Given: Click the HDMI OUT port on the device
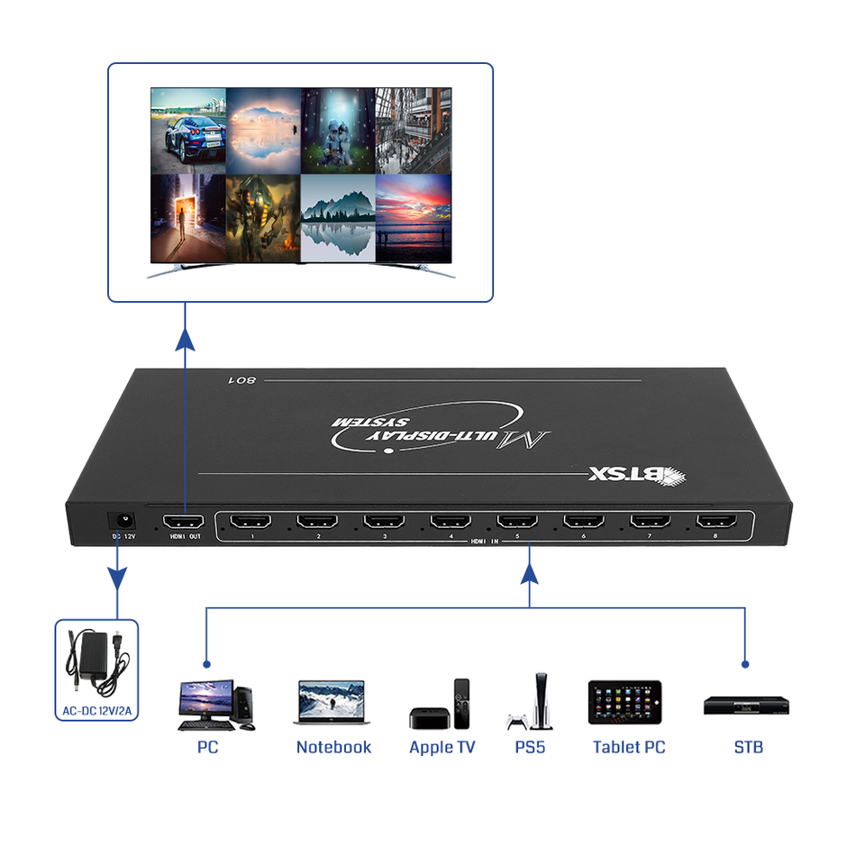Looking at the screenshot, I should click(x=183, y=522).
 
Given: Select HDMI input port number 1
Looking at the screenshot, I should click(x=251, y=521).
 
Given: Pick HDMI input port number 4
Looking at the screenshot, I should click(x=451, y=521).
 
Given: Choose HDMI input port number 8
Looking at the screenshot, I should click(x=717, y=521).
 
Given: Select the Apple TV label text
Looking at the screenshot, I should click(x=442, y=747).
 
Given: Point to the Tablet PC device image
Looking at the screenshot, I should click(x=625, y=702).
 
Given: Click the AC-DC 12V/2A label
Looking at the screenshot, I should click(x=96, y=710).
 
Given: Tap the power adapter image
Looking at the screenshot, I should click(x=96, y=663).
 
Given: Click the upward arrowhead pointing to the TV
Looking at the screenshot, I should click(x=185, y=338).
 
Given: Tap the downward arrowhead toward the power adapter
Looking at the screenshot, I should click(x=117, y=576).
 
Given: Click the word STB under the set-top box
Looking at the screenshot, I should click(x=748, y=747).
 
